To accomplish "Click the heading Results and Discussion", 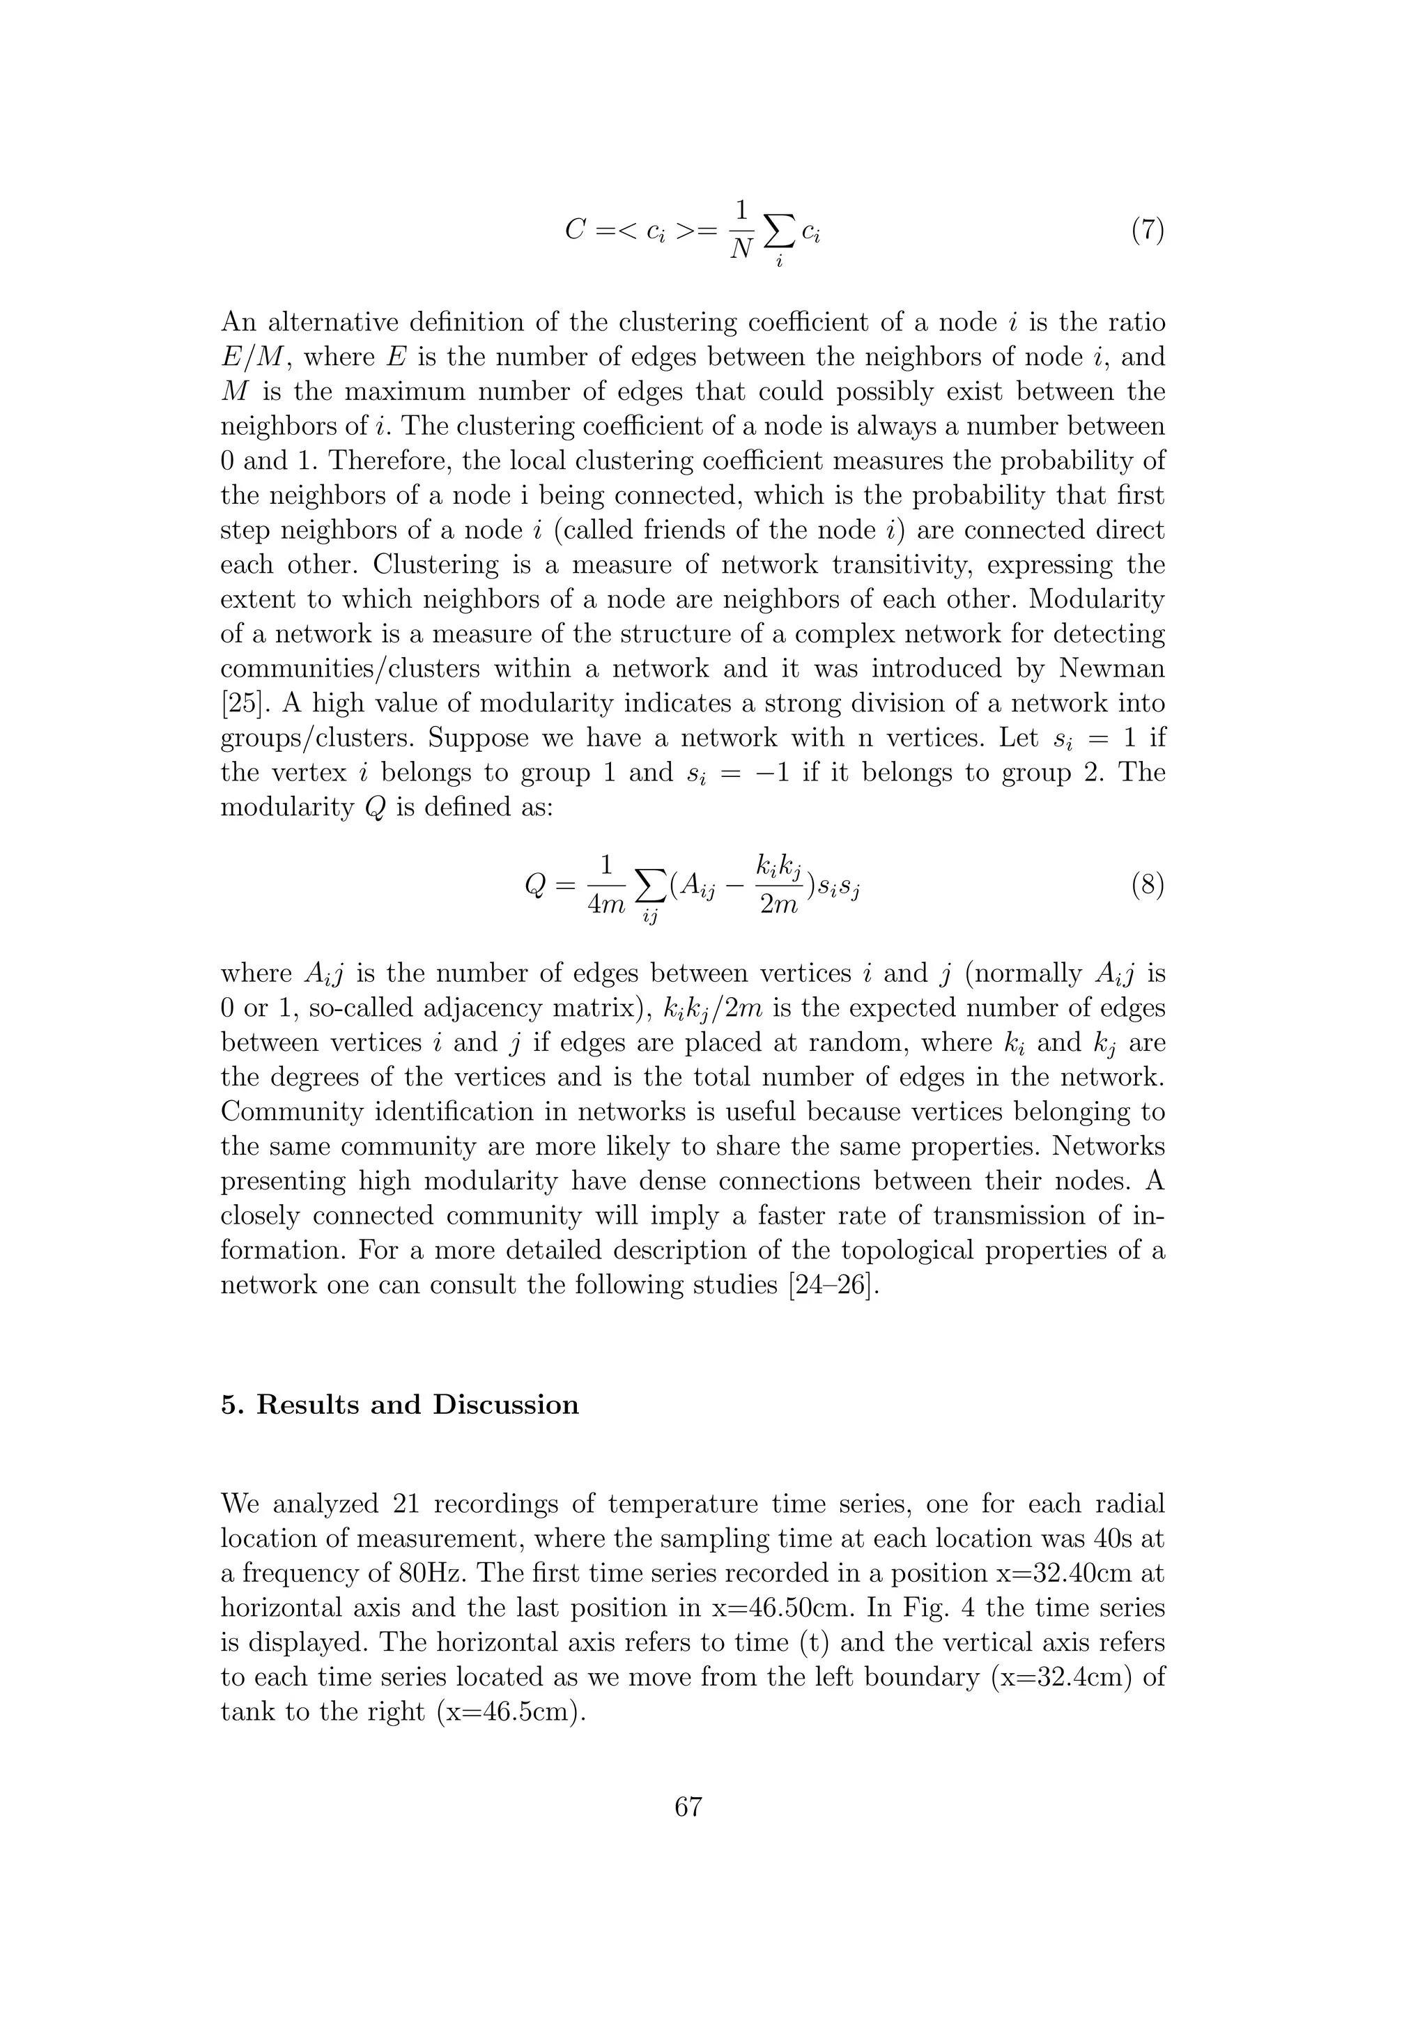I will (x=417, y=1405).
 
